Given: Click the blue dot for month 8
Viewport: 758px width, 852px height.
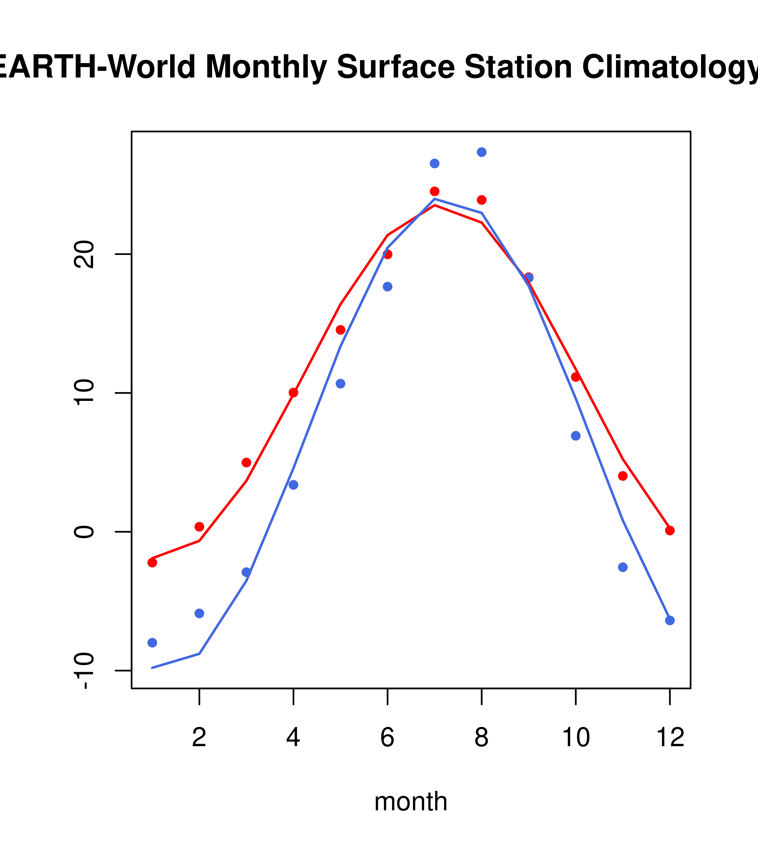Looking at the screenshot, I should tap(481, 152).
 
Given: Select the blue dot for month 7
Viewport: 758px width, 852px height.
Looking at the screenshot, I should tap(434, 163).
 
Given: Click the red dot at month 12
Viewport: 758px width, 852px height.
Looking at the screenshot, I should tap(669, 530).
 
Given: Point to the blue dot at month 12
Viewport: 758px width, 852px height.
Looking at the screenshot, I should tap(669, 621).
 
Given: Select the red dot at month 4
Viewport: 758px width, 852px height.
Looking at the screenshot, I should tap(293, 393).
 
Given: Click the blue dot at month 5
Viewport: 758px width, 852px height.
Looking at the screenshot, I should tap(340, 384).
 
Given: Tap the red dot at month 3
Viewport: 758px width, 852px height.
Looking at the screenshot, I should tap(246, 463).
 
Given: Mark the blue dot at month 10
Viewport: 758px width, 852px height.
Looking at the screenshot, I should tap(576, 436).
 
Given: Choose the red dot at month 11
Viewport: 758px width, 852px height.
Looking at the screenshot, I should tap(622, 476).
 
